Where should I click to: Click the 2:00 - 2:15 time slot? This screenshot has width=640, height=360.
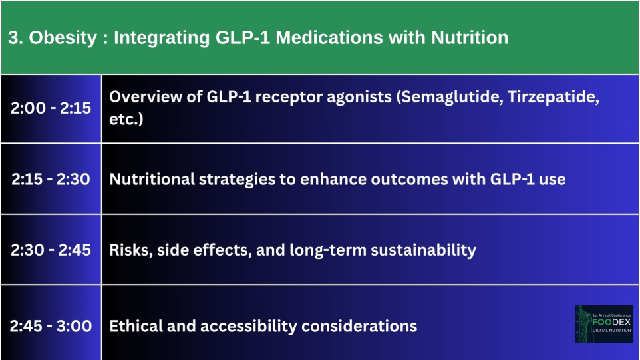(x=51, y=108)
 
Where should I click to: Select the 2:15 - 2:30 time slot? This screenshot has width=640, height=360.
(x=51, y=179)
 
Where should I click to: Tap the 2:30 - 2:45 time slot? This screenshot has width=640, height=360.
(x=51, y=250)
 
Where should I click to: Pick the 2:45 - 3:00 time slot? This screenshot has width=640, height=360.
(x=51, y=326)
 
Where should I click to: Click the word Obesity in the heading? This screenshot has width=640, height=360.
(x=63, y=38)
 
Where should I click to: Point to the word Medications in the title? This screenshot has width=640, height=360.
(x=329, y=37)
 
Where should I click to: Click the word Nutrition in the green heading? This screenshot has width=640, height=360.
(x=470, y=37)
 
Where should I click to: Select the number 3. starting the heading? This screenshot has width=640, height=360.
(x=15, y=37)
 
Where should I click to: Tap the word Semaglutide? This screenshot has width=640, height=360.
(x=449, y=97)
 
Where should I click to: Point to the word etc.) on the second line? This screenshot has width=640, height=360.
(x=126, y=119)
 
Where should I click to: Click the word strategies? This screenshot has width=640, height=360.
(x=237, y=180)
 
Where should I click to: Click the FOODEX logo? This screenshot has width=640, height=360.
(x=603, y=324)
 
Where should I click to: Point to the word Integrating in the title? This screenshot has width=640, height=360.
(x=162, y=38)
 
